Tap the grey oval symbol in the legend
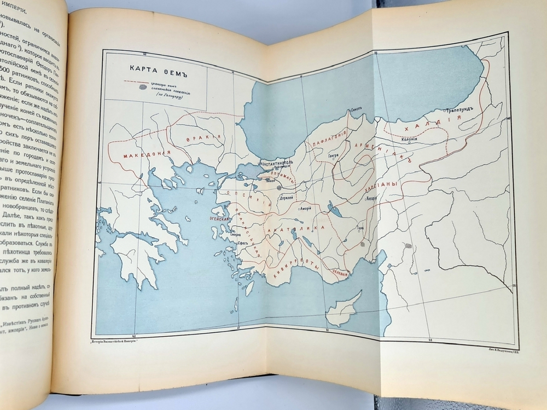pos(143,86)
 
